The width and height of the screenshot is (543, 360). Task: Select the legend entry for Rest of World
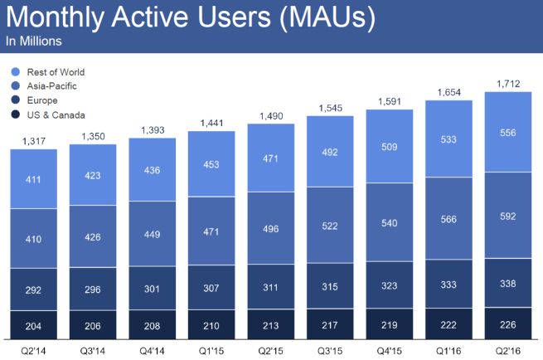coord(56,72)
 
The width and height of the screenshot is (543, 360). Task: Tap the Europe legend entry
coord(41,100)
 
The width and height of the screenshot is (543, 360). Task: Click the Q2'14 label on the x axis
coord(32,349)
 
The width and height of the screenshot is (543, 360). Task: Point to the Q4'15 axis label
coord(389,349)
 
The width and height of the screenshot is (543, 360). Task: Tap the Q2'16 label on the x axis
coord(507,349)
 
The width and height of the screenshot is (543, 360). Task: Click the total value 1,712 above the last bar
coord(508,83)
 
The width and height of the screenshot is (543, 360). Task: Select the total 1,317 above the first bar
coord(33,141)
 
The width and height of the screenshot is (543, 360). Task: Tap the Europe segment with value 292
coord(33,292)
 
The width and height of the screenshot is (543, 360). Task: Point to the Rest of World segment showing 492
coord(330,151)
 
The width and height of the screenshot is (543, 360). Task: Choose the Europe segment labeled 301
coord(152,289)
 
